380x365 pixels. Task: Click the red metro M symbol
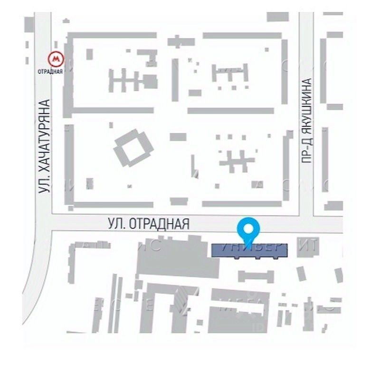(57, 59)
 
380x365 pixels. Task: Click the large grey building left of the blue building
(176, 259)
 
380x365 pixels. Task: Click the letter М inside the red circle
(57, 59)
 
